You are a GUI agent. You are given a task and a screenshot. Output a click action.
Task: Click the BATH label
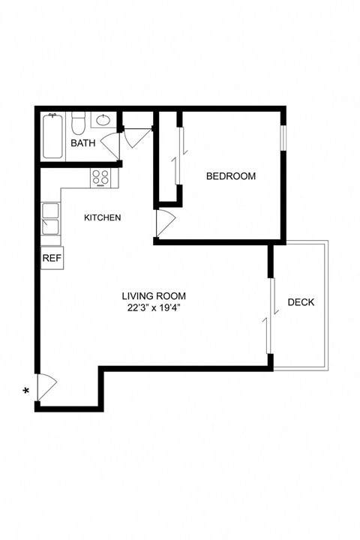(x=82, y=143)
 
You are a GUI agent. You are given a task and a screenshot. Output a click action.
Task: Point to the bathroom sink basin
(x=103, y=120)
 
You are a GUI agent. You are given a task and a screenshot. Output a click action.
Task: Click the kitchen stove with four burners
(x=100, y=178)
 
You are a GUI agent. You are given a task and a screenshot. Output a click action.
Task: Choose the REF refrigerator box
(x=51, y=257)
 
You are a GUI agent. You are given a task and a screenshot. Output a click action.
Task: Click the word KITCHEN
(x=103, y=218)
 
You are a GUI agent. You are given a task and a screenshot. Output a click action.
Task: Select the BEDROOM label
(x=231, y=177)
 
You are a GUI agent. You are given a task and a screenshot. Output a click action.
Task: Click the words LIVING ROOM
(x=154, y=296)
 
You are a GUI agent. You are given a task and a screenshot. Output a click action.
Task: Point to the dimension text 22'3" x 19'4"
(x=154, y=307)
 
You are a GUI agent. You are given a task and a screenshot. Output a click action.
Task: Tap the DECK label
(x=301, y=303)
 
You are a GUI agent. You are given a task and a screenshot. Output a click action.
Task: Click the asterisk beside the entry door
(x=27, y=391)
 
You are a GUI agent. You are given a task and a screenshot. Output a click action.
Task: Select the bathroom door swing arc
(x=112, y=143)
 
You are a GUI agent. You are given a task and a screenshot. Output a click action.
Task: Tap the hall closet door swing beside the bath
(x=136, y=136)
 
